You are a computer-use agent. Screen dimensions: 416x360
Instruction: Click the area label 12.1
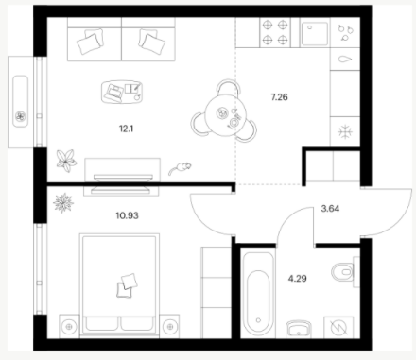(x=126, y=129)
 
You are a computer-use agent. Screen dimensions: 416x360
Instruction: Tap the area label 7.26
(x=279, y=97)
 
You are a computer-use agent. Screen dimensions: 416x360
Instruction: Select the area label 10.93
(x=127, y=215)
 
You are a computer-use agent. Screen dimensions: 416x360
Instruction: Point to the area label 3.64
(x=330, y=209)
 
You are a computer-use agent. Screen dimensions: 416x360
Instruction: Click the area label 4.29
(x=298, y=279)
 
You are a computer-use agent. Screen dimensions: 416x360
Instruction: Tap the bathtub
(x=258, y=293)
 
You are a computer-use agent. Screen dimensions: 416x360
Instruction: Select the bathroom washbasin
(x=299, y=330)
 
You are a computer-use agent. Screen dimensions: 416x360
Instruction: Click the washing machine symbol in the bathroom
(x=339, y=328)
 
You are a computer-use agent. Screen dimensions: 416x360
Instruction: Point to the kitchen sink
(x=315, y=33)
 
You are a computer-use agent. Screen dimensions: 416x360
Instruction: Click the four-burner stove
(x=275, y=32)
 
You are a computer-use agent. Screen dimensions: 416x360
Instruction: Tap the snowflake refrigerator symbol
(x=345, y=131)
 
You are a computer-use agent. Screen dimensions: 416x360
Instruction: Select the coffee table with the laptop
(x=122, y=92)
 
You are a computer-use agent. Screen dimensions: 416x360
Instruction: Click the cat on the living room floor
(x=180, y=168)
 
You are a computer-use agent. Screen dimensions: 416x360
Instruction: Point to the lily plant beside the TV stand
(x=66, y=161)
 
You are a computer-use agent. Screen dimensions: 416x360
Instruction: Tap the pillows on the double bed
(x=127, y=285)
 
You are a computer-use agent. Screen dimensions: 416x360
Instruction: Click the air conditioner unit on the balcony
(x=21, y=101)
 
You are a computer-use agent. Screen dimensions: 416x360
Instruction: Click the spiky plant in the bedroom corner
(x=63, y=203)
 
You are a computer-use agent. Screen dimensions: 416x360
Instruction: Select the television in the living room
(x=121, y=183)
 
